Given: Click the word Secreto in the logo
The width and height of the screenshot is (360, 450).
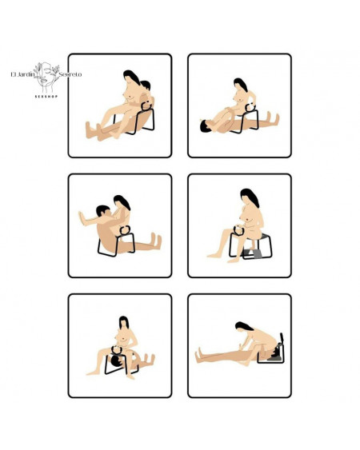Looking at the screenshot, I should pyautogui.click(x=68, y=74).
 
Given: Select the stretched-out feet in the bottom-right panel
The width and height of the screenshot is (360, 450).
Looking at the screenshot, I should pyautogui.click(x=200, y=352).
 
